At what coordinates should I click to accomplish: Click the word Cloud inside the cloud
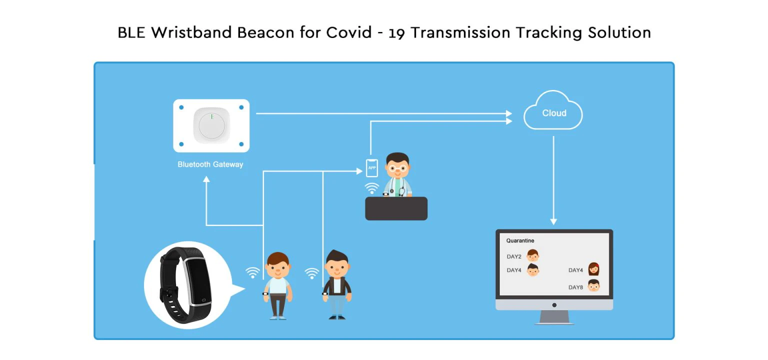tap(554, 113)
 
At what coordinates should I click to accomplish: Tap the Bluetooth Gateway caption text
tap(210, 164)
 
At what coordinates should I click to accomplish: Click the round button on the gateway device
tap(211, 125)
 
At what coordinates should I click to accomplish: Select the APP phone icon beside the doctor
tap(371, 168)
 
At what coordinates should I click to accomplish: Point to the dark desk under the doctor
tap(396, 208)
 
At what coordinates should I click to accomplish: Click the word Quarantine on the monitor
tap(520, 240)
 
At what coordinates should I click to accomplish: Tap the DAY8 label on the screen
tap(575, 287)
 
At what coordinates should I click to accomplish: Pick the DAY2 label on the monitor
tap(514, 256)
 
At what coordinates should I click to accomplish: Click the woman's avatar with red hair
tap(593, 269)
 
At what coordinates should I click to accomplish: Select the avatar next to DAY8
tap(593, 286)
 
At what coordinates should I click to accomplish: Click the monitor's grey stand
tap(554, 317)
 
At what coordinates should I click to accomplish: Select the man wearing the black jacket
tap(337, 285)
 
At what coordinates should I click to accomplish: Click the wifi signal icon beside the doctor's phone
tap(371, 188)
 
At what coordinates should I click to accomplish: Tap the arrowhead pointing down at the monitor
tap(553, 221)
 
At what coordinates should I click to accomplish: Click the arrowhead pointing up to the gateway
tap(206, 179)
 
